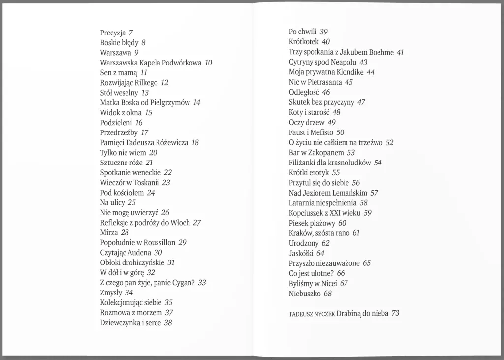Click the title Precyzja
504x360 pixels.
click(113, 33)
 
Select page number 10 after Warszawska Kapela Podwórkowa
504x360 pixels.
click(208, 63)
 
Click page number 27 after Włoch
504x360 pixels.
click(197, 223)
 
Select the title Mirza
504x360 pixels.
click(109, 232)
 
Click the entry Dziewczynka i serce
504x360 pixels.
click(130, 323)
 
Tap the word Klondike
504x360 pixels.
click(348, 72)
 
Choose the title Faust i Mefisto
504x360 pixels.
click(311, 132)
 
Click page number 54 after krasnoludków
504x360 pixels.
click(378, 163)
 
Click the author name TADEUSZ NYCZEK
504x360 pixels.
click(312, 314)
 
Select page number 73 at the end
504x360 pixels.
click(395, 313)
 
